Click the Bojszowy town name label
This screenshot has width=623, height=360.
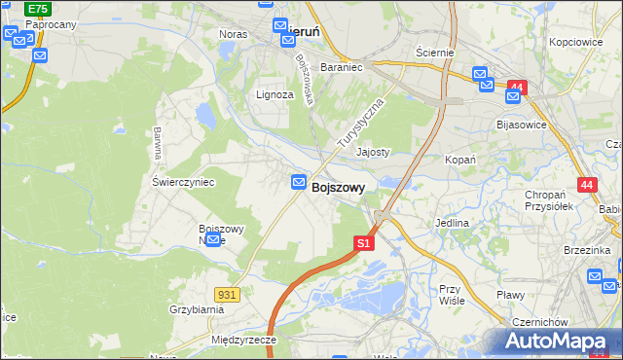[x=339, y=190]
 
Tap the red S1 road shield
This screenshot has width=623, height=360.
[x=363, y=242]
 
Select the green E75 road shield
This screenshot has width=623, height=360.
[x=36, y=9]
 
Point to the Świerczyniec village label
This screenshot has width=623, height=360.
[x=183, y=182]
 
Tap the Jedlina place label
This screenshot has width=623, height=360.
[x=453, y=223]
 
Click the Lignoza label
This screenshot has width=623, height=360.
[x=275, y=95]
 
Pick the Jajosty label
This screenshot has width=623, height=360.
[x=373, y=153]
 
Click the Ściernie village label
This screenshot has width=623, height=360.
[x=434, y=52]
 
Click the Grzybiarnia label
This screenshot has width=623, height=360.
[x=196, y=309]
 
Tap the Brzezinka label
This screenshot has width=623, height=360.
[x=586, y=250]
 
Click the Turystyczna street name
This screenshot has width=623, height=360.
[x=361, y=123]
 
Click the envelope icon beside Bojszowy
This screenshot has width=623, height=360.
[x=299, y=182]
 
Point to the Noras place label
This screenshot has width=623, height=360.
[x=234, y=34]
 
